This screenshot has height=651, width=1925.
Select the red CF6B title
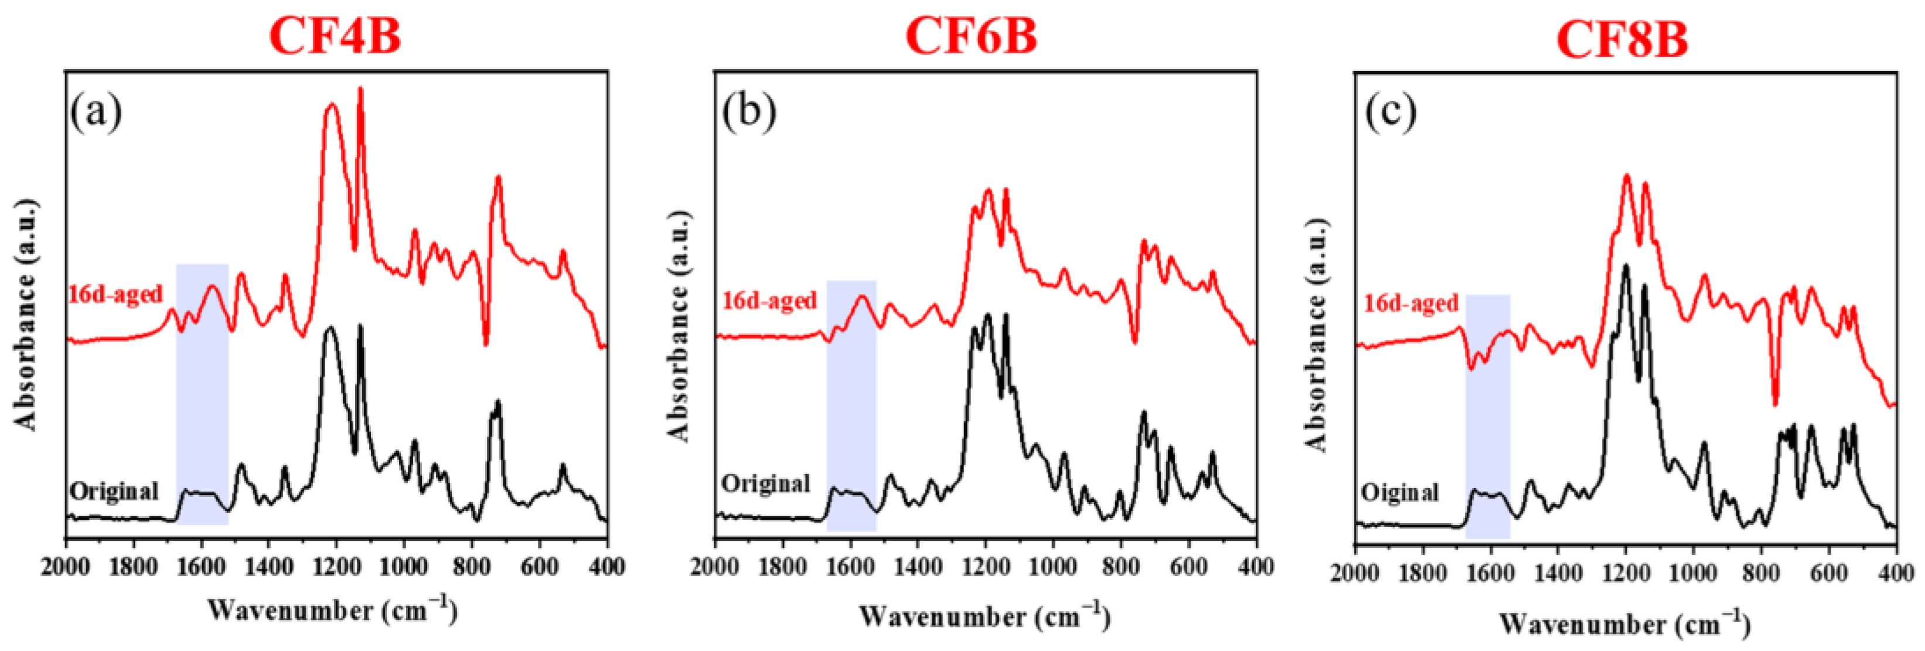(972, 36)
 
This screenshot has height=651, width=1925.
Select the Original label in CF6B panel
(766, 483)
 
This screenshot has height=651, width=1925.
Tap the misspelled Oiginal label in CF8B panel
(1400, 493)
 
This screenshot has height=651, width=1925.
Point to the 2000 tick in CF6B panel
(716, 567)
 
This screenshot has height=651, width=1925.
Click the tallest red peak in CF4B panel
(361, 90)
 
